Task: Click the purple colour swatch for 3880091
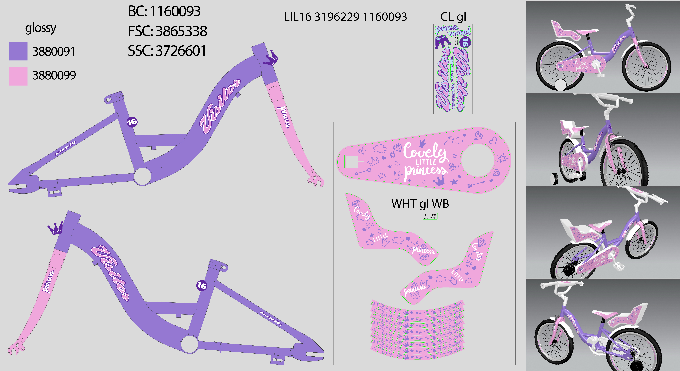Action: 18,51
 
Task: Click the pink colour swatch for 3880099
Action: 18,76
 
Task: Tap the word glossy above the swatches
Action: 41,28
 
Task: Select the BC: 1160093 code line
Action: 164,11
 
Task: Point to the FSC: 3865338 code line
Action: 167,31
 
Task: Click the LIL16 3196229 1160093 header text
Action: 345,17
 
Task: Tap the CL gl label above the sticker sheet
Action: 453,17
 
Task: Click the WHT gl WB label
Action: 420,204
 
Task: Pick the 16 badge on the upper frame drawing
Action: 132,122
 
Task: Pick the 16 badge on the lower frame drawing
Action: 202,285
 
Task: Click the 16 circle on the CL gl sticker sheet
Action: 465,42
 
